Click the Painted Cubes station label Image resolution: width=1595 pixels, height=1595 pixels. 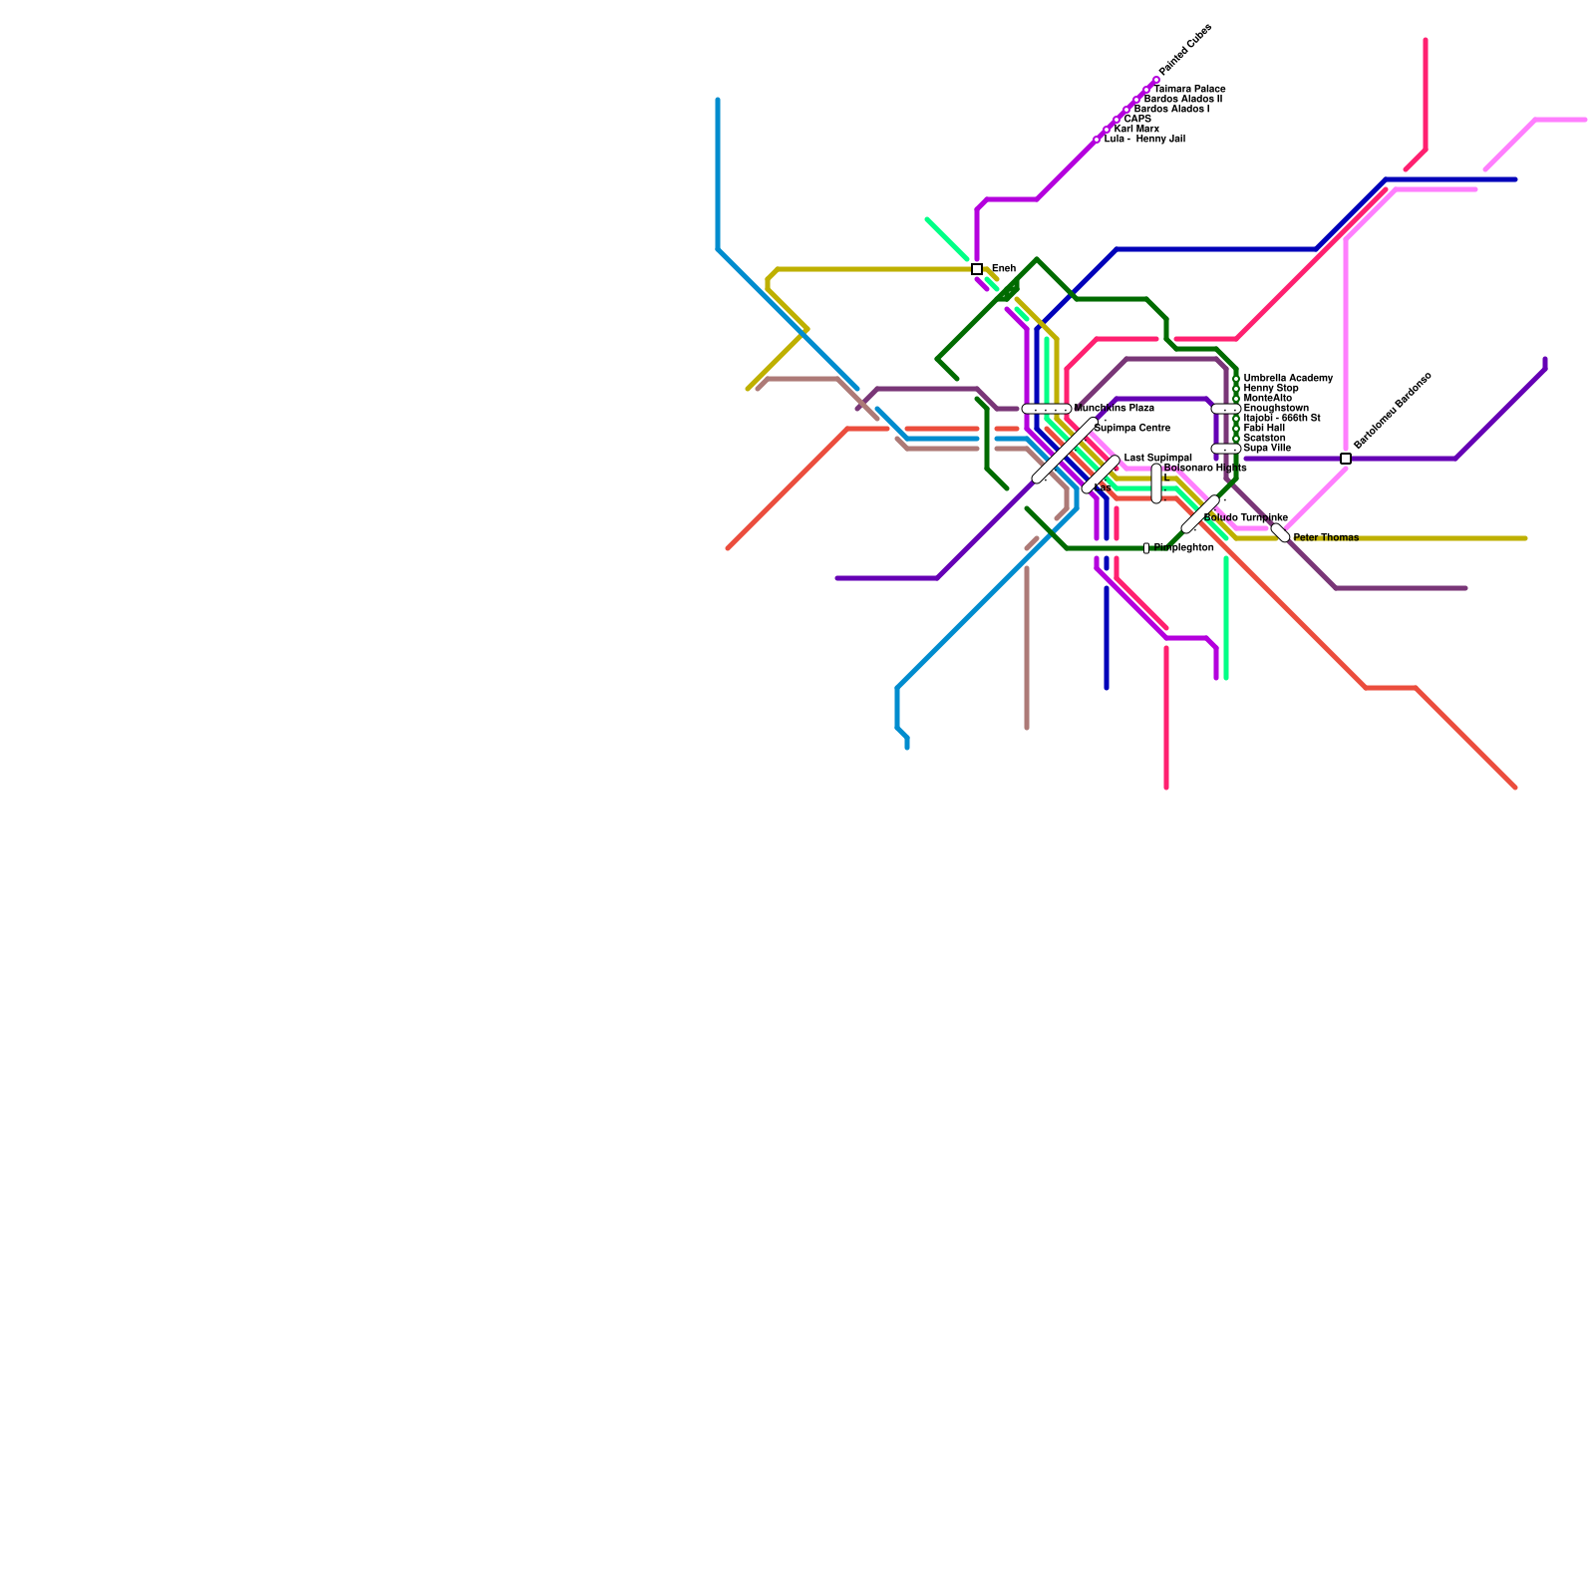1185,50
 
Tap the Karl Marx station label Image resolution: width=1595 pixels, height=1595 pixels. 1136,130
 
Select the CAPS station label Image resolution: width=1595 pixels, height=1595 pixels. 1137,120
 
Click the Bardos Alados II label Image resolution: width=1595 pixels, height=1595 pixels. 1182,100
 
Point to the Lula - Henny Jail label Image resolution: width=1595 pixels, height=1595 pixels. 1144,140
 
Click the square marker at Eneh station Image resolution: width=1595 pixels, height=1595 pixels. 977,269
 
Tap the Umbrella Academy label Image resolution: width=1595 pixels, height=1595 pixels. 1287,379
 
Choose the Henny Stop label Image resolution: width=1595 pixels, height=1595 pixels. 1271,389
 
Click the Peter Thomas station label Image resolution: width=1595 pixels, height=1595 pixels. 1325,538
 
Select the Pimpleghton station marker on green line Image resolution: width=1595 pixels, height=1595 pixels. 1146,548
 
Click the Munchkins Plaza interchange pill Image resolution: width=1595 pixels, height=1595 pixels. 1047,409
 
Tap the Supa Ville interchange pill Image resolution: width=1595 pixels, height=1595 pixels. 1226,449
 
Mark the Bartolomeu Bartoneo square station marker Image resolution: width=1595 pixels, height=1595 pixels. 1346,459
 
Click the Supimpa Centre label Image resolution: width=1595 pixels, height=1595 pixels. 1131,429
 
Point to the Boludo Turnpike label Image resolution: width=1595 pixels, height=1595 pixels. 1244,518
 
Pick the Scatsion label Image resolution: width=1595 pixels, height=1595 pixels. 1264,439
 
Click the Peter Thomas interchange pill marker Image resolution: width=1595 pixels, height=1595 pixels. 1280,533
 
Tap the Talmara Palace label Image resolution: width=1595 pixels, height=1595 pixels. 1189,90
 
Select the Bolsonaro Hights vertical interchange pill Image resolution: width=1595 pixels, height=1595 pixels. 1156,483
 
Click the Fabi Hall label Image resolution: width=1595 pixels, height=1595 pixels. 1264,429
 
